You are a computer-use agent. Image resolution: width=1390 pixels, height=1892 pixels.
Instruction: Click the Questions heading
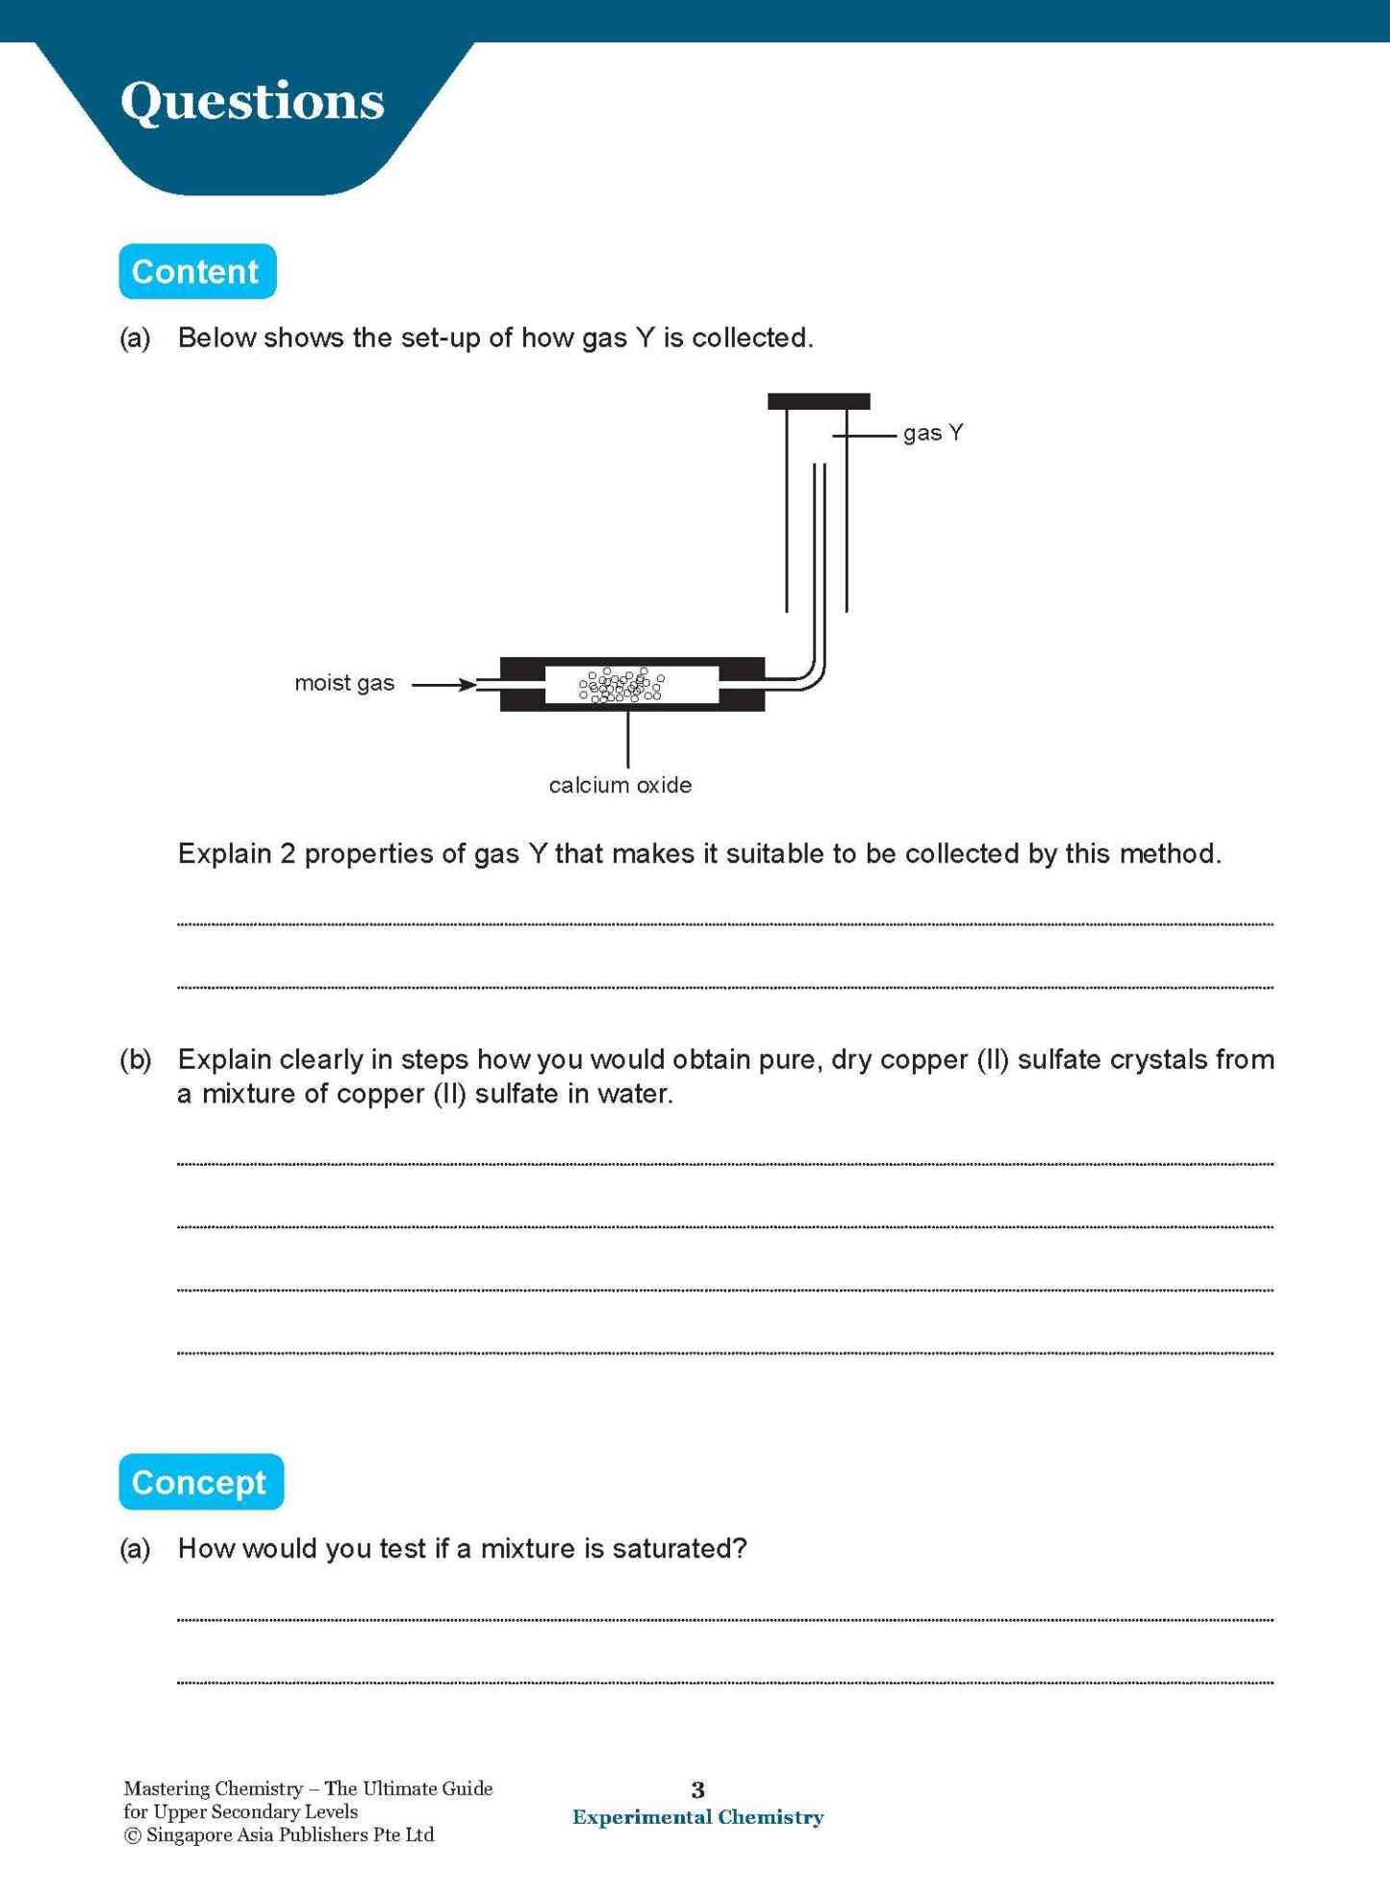(252, 102)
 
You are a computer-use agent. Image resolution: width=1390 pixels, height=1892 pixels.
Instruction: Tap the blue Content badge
(196, 271)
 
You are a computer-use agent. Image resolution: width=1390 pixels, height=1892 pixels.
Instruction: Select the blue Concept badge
(200, 1481)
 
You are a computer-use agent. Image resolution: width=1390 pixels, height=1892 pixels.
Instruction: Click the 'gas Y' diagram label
(932, 433)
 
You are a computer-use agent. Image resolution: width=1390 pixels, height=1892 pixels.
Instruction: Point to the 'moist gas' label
(343, 683)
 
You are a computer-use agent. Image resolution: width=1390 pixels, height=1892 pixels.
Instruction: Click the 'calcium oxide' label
(619, 785)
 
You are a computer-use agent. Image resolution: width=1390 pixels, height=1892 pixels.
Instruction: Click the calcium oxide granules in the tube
(621, 685)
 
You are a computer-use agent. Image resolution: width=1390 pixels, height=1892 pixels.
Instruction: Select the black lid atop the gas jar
(818, 401)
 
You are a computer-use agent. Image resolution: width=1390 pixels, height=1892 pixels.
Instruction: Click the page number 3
(697, 1789)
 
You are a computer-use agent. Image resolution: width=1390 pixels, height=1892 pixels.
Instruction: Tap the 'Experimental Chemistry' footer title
(697, 1817)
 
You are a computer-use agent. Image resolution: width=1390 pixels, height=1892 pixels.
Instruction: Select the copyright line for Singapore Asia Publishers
(279, 1835)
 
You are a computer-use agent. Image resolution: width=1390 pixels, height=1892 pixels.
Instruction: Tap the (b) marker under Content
(136, 1059)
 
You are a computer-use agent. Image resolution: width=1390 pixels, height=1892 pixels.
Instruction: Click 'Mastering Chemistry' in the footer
(213, 1788)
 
